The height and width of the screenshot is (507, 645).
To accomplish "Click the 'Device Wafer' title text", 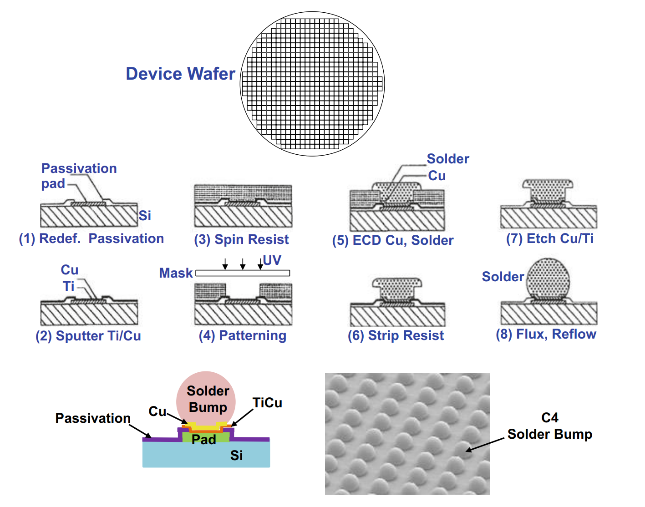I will (180, 74).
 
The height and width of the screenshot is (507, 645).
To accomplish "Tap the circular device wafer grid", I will (312, 84).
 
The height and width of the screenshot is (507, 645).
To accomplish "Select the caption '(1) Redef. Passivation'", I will (91, 238).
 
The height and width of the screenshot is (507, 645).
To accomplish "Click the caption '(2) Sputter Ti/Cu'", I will (88, 336).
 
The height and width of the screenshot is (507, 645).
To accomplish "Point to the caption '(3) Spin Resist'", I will (241, 239).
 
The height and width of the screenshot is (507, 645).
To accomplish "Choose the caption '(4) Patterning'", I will (243, 335).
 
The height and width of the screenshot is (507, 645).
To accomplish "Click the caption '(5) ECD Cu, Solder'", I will (393, 240).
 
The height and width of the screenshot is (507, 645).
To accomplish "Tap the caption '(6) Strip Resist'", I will (396, 335).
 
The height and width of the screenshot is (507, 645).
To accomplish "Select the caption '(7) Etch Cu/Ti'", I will (550, 238).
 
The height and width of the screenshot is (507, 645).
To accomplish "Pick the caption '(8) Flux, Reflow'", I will (546, 334).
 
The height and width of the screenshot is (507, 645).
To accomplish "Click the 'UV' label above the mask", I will (272, 260).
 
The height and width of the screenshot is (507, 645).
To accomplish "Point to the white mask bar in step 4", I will (243, 273).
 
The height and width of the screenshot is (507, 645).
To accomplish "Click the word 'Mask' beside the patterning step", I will (176, 273).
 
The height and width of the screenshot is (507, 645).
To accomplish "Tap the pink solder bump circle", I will (206, 399).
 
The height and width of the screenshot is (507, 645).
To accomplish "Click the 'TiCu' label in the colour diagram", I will (267, 403).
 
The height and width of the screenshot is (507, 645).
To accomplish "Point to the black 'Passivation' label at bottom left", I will (93, 418).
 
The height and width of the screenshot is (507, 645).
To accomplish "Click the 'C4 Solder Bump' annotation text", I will (550, 426).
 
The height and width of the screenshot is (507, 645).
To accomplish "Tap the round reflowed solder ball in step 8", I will (548, 278).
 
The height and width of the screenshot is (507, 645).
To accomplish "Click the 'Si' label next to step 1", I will (145, 215).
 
